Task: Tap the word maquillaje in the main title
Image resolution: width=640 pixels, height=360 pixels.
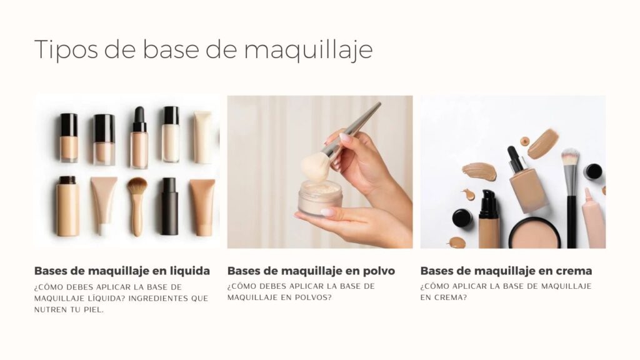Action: pyautogui.click(x=309, y=51)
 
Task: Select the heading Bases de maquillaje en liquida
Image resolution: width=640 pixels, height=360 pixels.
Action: pyautogui.click(x=122, y=271)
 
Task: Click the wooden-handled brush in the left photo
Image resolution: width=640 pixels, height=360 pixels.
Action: pyautogui.click(x=137, y=206)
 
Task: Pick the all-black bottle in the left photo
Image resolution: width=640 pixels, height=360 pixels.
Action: pyautogui.click(x=169, y=206)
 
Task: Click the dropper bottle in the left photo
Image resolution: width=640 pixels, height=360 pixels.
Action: pyautogui.click(x=139, y=137)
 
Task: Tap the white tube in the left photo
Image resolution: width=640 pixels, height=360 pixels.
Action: pyautogui.click(x=202, y=137)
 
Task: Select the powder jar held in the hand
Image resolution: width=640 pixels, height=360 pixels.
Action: pyautogui.click(x=320, y=198)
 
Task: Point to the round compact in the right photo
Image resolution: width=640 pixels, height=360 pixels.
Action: pyautogui.click(x=534, y=234)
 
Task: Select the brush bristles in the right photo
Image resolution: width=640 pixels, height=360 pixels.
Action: pyautogui.click(x=570, y=157)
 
